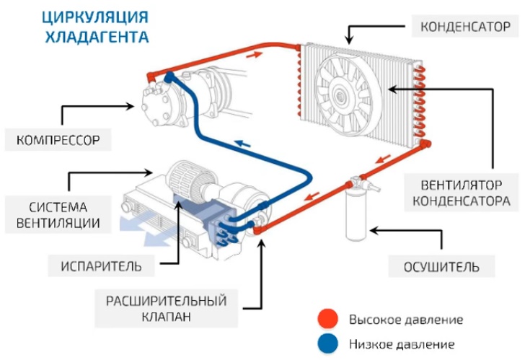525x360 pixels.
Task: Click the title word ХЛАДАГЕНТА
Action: pos(97,36)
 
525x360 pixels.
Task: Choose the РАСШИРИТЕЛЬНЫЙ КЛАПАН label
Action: pos(167,308)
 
